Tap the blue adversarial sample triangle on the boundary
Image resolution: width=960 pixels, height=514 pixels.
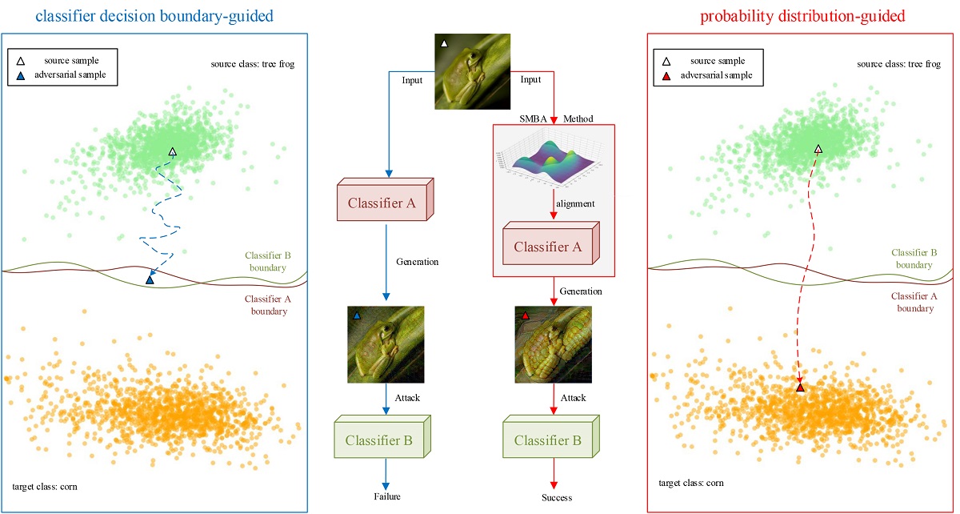150,279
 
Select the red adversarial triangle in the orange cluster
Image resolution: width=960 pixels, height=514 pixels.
800,388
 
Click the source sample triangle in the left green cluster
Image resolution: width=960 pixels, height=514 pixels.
172,151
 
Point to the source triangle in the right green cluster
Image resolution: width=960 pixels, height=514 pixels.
818,149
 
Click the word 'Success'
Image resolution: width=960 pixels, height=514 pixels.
551,497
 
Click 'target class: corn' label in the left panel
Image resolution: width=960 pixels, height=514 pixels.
45,486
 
